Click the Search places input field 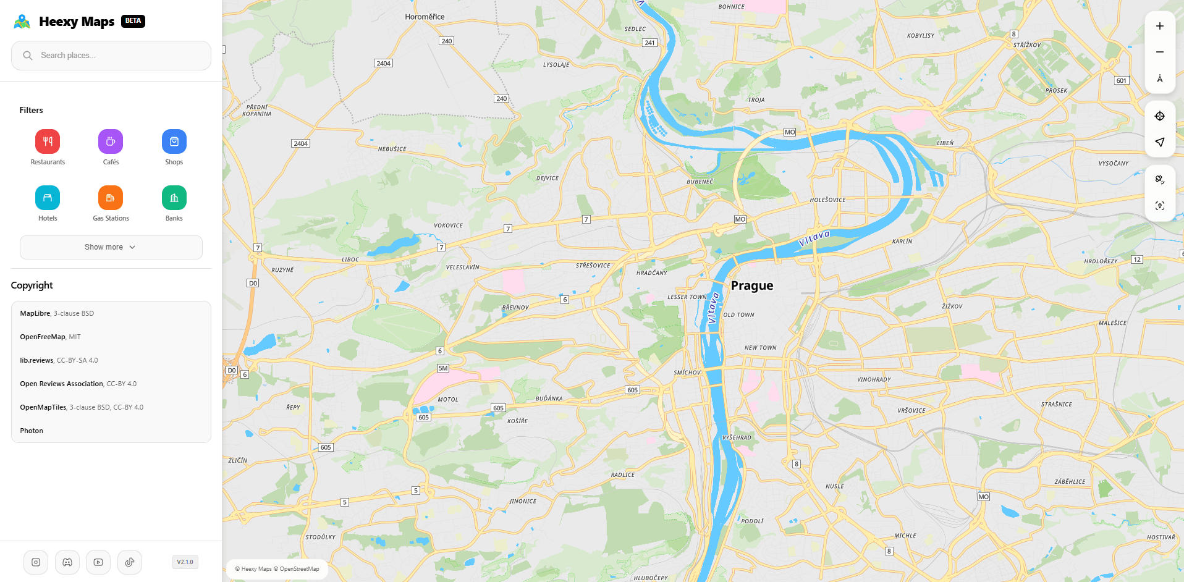tap(117, 56)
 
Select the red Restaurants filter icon tap(48, 141)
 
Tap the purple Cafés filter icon tap(111, 141)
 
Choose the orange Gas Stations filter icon tap(111, 198)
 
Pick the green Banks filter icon tap(174, 198)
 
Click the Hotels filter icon tap(48, 198)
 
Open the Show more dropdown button tap(111, 247)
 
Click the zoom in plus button tap(1160, 26)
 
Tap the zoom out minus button tap(1160, 52)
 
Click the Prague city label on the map tap(752, 285)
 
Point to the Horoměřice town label tap(425, 17)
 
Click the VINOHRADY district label tap(874, 379)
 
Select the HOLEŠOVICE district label tap(827, 200)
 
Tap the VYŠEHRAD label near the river tap(737, 437)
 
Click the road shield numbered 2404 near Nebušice tap(300, 143)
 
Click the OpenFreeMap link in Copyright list tap(43, 337)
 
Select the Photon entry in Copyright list tap(32, 431)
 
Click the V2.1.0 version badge tap(185, 562)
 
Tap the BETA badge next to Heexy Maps tap(133, 20)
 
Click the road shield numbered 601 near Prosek tap(1122, 80)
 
